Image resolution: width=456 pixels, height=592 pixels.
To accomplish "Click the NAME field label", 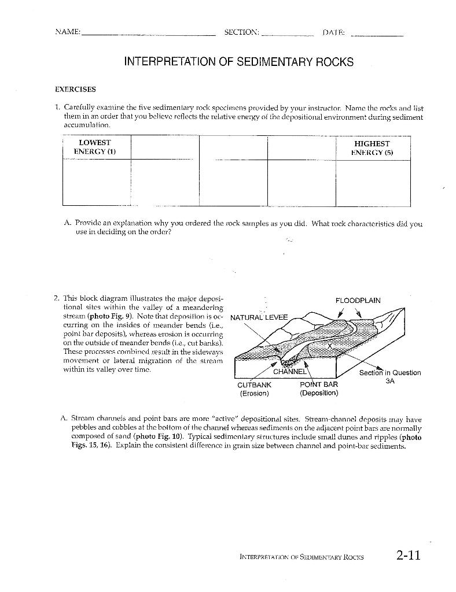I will [x=67, y=32].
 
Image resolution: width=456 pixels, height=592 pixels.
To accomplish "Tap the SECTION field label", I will [x=241, y=32].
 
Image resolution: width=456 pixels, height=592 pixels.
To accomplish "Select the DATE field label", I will [x=333, y=32].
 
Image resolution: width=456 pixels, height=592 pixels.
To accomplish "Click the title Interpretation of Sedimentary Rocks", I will [x=239, y=62].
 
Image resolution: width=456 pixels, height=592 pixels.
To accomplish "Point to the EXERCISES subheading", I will [x=75, y=90].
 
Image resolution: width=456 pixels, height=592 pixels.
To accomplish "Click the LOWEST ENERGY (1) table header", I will [x=95, y=147].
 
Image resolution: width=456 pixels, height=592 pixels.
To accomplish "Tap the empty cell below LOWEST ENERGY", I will [x=96, y=182].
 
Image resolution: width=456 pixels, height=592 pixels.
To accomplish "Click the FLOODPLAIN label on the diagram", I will [x=358, y=301].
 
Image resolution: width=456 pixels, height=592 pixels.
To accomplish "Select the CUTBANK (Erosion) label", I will [x=255, y=388].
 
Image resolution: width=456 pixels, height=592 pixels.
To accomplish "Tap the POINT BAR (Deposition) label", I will [x=319, y=388].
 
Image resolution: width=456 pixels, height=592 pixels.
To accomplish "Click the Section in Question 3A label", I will [x=389, y=377].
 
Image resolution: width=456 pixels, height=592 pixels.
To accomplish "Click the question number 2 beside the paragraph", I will [x=56, y=299].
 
